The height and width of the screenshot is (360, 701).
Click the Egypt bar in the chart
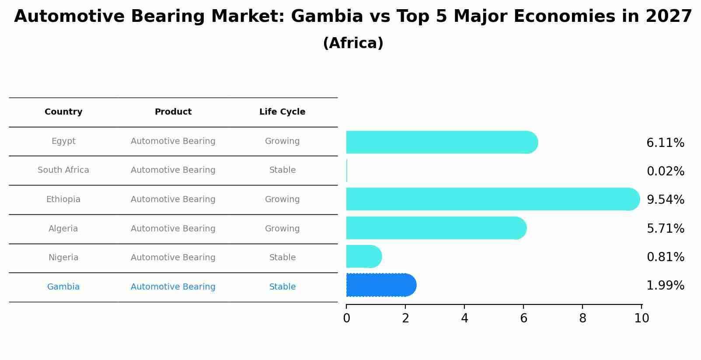point(442,142)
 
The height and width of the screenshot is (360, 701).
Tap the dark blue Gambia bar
point(381,285)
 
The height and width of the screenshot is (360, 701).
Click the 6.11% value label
point(665,143)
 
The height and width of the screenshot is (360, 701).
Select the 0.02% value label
point(665,171)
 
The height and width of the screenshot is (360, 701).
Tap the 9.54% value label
point(665,200)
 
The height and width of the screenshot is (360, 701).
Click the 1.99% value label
point(665,286)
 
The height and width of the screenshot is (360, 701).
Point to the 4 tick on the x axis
point(464,318)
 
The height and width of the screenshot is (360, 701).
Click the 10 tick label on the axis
point(642,318)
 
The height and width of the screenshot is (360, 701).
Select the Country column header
point(63,112)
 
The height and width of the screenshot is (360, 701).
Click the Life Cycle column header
point(282,112)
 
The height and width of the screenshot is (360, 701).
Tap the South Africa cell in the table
point(63,170)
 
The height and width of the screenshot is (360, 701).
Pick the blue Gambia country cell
point(63,287)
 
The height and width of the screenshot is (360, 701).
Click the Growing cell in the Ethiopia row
point(282,199)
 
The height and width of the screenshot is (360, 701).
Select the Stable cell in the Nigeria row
point(282,258)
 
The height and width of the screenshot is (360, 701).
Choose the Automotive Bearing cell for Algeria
point(173,229)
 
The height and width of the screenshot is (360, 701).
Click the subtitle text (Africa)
point(353,43)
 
